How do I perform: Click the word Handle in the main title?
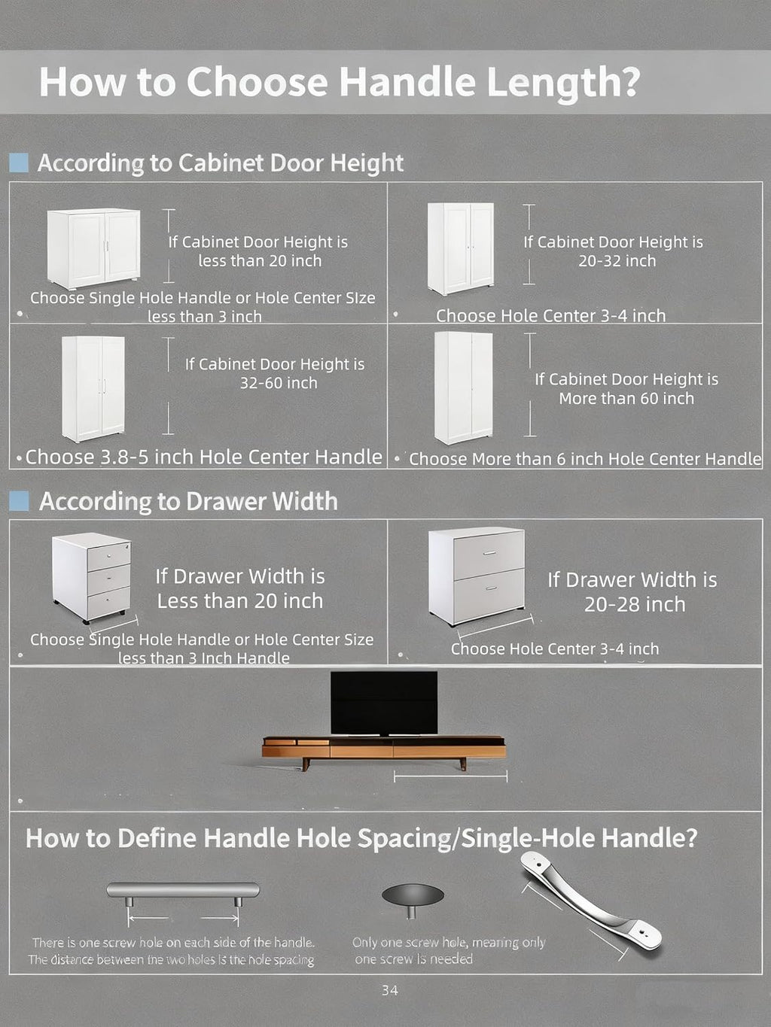407,82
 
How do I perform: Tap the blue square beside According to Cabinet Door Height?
19,163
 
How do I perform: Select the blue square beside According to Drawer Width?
19,500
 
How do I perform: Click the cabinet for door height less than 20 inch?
93,248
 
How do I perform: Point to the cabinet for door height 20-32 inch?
461,248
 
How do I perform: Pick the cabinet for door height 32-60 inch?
93,389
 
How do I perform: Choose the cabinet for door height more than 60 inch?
464,388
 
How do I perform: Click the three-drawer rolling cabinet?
92,579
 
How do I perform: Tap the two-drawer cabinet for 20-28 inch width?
477,576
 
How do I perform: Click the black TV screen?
384,703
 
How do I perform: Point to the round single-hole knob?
413,900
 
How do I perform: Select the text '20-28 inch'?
634,604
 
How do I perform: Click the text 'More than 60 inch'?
626,399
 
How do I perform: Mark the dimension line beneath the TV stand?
450,776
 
